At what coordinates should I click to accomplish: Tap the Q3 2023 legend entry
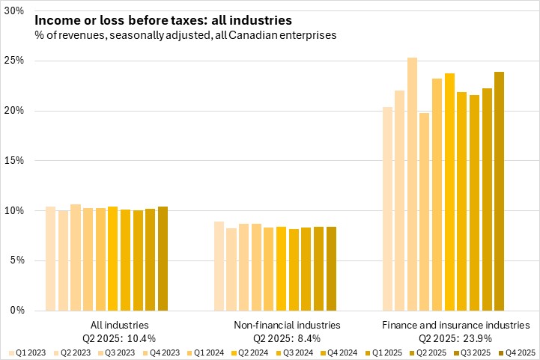118,350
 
